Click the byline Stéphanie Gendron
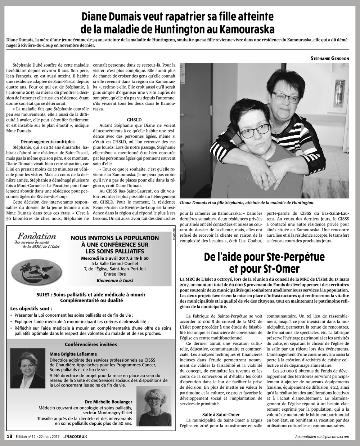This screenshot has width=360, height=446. [x=329, y=58]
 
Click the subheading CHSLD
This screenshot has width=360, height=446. [x=134, y=119]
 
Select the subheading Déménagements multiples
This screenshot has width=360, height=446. [x=48, y=142]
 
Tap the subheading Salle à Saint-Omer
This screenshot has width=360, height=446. [x=221, y=414]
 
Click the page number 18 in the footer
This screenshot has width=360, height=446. [x=10, y=436]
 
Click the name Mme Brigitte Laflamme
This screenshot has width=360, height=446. [x=73, y=354]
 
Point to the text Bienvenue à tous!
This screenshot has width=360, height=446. [x=115, y=280]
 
